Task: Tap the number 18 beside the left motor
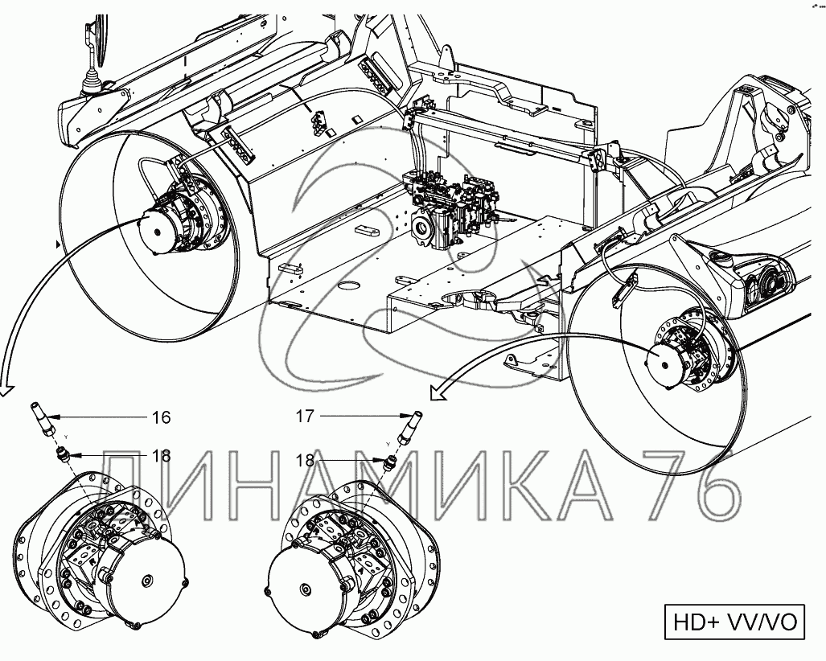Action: [161, 456]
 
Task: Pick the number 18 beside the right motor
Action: [306, 460]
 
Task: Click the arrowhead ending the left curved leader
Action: [5, 391]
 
